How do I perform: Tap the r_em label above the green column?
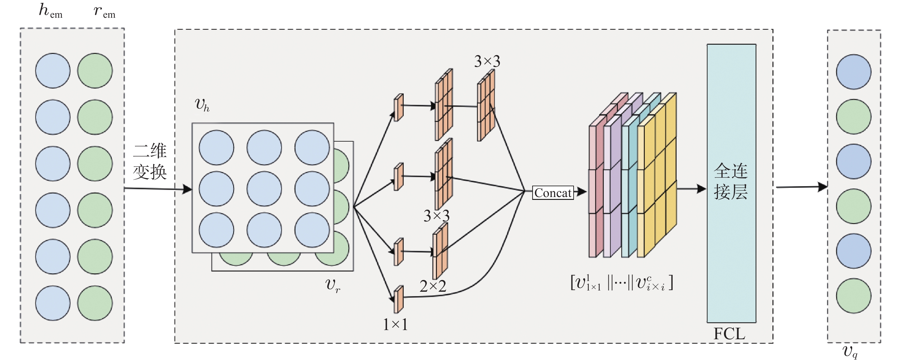pos(104,11)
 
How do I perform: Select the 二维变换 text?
pos(150,161)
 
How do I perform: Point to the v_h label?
pos(202,104)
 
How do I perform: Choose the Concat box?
pos(553,193)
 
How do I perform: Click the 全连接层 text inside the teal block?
pos(731,181)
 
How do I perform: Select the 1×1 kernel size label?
pos(395,324)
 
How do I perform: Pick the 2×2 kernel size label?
pos(433,286)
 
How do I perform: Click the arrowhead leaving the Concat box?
pos(582,191)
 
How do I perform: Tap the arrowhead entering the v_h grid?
pos(188,189)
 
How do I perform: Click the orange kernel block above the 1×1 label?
pos(399,299)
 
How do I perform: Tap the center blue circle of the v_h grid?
pos(264,188)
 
